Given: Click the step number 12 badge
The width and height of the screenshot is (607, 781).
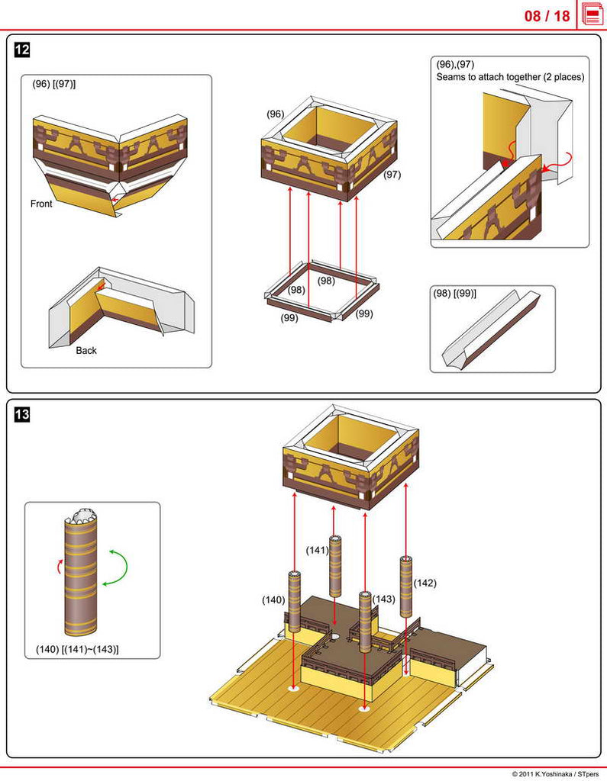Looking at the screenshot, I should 22,50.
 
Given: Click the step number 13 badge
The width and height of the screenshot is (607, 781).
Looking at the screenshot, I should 22,415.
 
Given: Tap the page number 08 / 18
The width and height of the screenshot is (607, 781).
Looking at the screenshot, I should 547,16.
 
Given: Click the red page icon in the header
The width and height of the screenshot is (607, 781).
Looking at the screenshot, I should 592,14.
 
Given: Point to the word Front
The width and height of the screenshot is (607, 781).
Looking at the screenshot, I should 41,204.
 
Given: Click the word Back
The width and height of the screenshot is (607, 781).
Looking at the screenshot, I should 86,351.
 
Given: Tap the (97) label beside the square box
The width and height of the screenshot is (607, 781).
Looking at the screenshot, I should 392,175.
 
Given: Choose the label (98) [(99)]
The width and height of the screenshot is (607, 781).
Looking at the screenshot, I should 454,294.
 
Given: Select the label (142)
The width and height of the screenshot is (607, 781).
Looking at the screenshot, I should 425,583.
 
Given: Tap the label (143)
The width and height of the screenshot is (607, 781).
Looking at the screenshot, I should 384,599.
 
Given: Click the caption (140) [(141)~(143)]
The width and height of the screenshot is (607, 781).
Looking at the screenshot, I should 77,650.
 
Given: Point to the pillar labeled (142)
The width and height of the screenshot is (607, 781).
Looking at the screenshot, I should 405,586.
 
